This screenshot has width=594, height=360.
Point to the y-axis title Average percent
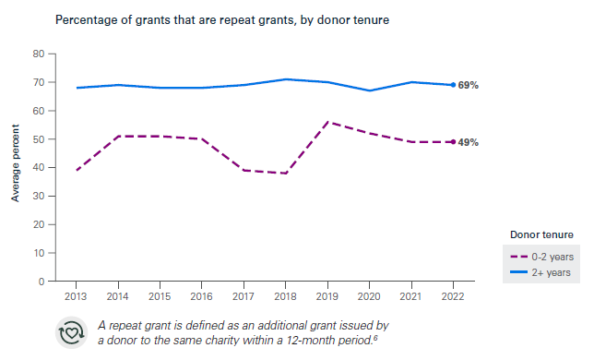[16, 167]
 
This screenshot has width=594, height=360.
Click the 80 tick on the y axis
[40, 54]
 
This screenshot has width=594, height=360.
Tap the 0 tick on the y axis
[42, 282]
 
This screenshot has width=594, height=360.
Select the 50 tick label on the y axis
[40, 139]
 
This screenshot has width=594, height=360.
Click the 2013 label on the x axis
[77, 296]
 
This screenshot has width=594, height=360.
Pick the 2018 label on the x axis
[286, 296]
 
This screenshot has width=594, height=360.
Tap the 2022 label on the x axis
[453, 296]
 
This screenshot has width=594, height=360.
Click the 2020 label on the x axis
[369, 296]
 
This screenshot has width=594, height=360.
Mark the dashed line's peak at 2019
[327, 122]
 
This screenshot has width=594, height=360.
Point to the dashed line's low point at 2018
[286, 174]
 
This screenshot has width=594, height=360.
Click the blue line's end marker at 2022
[453, 85]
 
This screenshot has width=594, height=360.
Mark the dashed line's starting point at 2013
[77, 170]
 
